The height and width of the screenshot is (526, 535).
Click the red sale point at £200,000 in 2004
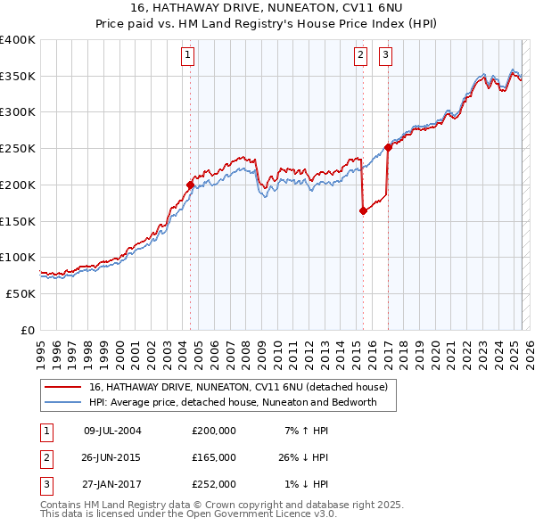[190, 185]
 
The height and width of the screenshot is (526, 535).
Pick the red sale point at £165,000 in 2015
[363, 211]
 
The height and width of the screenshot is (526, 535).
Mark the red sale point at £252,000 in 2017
[388, 147]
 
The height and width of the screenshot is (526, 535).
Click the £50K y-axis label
[21, 293]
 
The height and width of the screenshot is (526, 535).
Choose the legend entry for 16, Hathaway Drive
[238, 388]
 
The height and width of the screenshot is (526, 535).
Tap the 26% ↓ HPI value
[304, 456]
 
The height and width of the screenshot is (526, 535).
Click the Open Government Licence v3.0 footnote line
[189, 514]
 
